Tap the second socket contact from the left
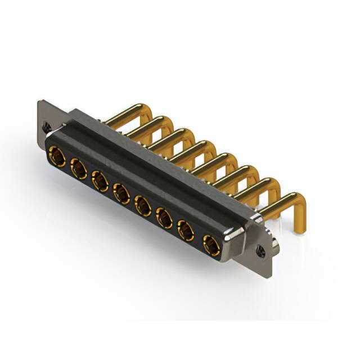point(78,168)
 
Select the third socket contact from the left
point(100,181)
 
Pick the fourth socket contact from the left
point(121,193)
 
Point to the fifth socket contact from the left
point(142,205)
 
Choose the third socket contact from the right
point(164,218)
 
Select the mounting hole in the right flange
point(262,251)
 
